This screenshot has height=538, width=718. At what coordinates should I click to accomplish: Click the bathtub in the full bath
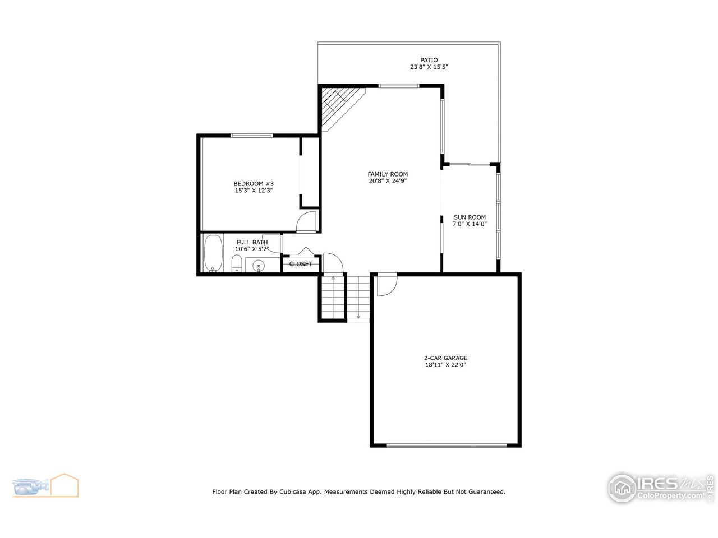[x=213, y=253]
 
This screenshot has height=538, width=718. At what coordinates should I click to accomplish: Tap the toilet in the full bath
[x=237, y=263]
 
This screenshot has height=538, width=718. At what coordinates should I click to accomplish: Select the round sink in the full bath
[x=259, y=265]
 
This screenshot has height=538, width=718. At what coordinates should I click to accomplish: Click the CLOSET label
[x=301, y=264]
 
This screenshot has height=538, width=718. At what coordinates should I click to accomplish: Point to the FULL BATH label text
[x=252, y=242]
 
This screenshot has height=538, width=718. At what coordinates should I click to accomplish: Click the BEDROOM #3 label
[x=254, y=184]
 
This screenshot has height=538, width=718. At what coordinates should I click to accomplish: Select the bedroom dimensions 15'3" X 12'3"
[x=254, y=191]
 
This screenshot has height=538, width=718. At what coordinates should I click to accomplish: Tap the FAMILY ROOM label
[x=388, y=174]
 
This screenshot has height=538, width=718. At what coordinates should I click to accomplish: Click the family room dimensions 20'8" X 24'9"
[x=388, y=181]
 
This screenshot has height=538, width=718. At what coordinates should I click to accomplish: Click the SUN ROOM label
[x=470, y=217]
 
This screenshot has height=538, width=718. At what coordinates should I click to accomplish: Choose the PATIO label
[x=429, y=60]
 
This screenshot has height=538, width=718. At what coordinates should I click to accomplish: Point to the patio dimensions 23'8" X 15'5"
[x=429, y=67]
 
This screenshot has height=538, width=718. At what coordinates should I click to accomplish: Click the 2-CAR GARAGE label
[x=445, y=358]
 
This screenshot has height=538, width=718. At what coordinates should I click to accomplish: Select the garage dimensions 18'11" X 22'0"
[x=445, y=365]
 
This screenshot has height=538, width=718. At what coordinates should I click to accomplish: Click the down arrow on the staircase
[x=358, y=316]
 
